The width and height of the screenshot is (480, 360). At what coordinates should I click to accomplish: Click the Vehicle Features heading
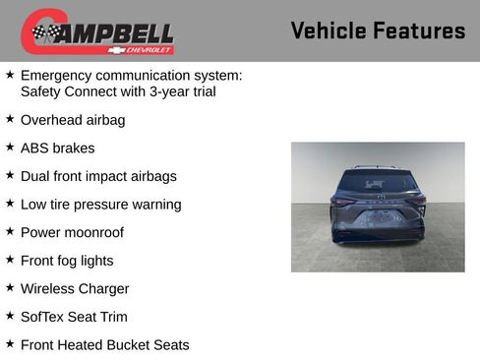point(378,30)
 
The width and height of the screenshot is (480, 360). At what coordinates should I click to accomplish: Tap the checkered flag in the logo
point(44,32)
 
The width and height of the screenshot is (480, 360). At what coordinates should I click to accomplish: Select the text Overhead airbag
point(73,120)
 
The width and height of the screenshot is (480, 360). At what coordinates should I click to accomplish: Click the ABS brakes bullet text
point(57,149)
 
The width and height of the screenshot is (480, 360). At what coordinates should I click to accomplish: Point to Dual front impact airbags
point(98,176)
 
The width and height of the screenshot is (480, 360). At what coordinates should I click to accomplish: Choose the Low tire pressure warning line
point(100,205)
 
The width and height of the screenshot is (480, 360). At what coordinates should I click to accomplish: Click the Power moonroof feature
point(72,232)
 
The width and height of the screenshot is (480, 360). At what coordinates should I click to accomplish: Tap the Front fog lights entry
point(67,261)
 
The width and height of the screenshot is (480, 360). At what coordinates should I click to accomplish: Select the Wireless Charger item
point(75,289)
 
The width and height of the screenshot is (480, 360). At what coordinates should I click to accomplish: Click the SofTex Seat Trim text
point(74,317)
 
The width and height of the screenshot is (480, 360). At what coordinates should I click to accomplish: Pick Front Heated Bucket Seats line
point(104,345)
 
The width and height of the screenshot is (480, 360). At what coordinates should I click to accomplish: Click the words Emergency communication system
point(131,76)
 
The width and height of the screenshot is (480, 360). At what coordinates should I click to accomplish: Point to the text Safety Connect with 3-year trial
point(117,92)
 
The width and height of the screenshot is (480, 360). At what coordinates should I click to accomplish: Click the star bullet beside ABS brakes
point(10,148)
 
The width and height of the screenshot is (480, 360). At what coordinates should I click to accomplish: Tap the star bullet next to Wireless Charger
point(10,288)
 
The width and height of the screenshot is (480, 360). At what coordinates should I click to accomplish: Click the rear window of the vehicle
point(377,183)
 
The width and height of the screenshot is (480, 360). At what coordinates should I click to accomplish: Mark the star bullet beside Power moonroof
point(10,231)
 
